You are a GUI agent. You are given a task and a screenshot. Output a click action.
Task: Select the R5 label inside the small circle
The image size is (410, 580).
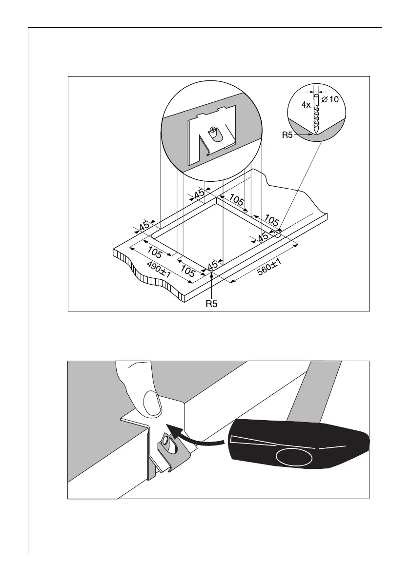coord(288,135)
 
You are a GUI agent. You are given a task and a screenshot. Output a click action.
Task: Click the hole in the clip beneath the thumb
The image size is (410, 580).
coord(165,442)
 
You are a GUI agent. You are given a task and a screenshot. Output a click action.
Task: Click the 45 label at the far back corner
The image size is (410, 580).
coord(199,194)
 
